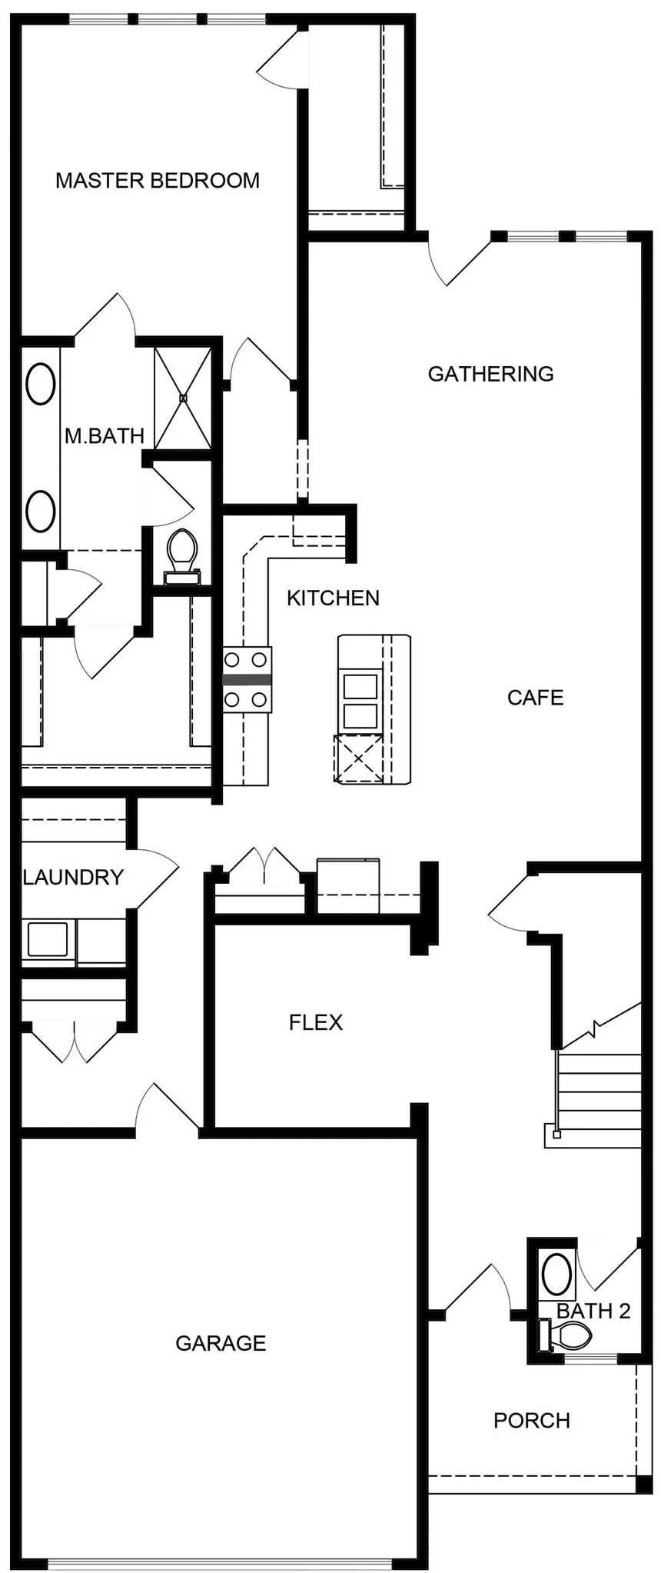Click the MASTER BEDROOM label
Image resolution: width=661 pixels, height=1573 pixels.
click(x=158, y=181)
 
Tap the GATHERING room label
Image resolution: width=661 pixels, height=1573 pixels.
click(x=490, y=374)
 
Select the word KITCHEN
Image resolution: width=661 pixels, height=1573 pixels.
click(x=333, y=598)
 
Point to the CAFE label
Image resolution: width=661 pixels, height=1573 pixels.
click(x=535, y=698)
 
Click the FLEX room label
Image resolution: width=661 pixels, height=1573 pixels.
click(x=315, y=1022)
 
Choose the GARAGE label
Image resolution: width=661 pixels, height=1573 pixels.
click(x=221, y=1343)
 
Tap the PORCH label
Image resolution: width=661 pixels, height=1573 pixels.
click(x=531, y=1420)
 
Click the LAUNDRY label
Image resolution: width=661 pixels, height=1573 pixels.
click(x=73, y=877)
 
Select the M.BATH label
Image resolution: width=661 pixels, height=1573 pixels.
click(x=104, y=436)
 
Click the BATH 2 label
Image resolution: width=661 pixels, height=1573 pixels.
click(x=593, y=1310)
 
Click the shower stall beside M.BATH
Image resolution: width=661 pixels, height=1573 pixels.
click(x=183, y=398)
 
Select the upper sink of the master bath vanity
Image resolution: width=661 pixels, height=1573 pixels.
click(x=40, y=383)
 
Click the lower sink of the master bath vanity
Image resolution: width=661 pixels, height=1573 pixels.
click(x=40, y=511)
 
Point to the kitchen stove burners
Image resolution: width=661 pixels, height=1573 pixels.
click(x=247, y=679)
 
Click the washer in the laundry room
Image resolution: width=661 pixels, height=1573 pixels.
click(x=48, y=939)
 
